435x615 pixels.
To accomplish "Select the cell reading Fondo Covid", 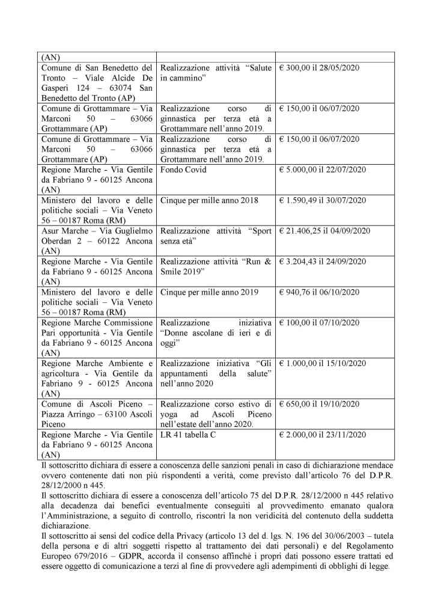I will pos(183,170).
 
